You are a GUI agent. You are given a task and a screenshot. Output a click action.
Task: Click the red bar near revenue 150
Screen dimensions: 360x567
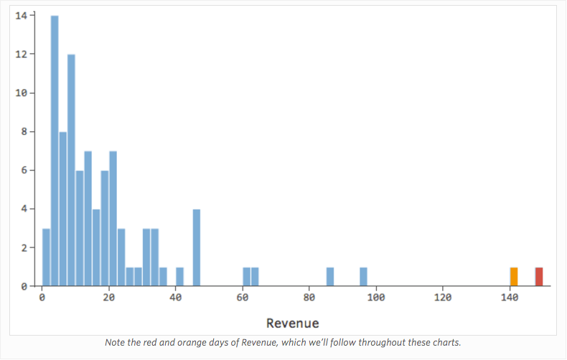tap(539, 277)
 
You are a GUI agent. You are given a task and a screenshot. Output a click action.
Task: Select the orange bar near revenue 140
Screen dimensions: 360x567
tap(514, 277)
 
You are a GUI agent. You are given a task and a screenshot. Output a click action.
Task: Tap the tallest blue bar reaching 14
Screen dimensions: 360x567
tap(55, 151)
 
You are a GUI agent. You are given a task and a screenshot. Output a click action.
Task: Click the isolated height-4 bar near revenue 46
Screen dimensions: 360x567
tap(197, 247)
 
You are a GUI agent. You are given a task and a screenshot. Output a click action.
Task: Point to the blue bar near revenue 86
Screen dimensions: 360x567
tap(330, 277)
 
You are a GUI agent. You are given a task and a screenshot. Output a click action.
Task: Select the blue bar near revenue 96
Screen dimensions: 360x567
tap(363, 277)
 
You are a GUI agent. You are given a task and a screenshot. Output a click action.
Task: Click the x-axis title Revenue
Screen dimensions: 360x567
tap(292, 323)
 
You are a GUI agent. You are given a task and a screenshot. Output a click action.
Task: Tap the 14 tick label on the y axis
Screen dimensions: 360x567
tap(22, 15)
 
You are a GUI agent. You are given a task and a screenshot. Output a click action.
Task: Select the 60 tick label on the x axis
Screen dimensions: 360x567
tap(243, 298)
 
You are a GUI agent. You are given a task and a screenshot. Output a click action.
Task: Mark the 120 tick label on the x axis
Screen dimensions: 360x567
tap(443, 298)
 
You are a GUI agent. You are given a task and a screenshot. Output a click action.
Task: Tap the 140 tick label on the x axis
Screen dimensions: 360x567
tap(510, 298)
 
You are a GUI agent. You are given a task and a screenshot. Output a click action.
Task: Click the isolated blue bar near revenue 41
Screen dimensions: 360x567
tap(179, 277)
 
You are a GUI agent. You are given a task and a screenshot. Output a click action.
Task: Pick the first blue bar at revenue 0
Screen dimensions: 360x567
tap(46, 257)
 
